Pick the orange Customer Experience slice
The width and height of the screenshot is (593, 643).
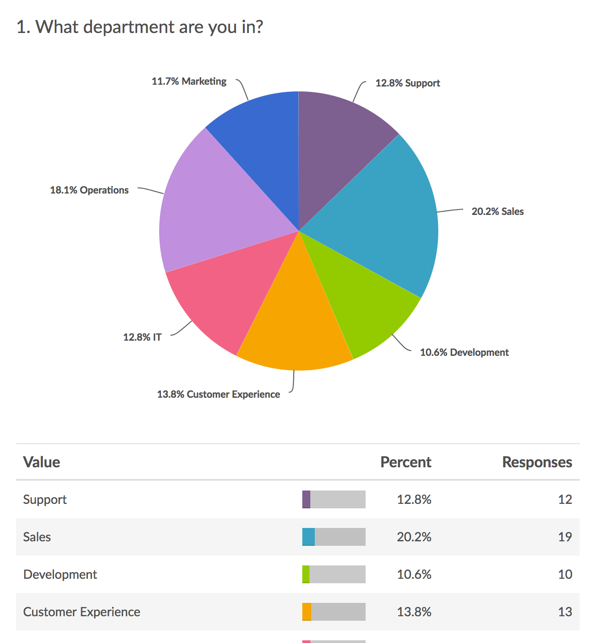pyautogui.click(x=294, y=326)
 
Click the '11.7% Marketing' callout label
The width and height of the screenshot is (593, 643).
pyautogui.click(x=189, y=81)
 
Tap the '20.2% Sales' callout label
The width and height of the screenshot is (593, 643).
pyautogui.click(x=498, y=211)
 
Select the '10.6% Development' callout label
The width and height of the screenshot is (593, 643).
pyautogui.click(x=464, y=352)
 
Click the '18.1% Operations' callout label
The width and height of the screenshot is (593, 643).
pyautogui.click(x=89, y=190)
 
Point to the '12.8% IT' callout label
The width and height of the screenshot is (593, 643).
pyautogui.click(x=142, y=337)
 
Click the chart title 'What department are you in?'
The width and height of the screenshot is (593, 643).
pyautogui.click(x=140, y=27)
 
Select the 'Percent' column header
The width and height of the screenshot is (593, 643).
pyautogui.click(x=406, y=462)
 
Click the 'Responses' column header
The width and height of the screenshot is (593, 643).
pyautogui.click(x=537, y=462)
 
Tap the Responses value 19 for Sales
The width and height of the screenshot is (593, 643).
pyautogui.click(x=565, y=537)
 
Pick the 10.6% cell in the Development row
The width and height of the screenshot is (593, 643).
pyautogui.click(x=414, y=574)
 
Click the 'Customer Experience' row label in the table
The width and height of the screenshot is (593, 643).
pyautogui.click(x=82, y=612)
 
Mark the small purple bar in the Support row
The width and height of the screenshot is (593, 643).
pyautogui.click(x=306, y=499)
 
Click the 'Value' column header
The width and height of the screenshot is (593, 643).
pyautogui.click(x=41, y=462)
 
